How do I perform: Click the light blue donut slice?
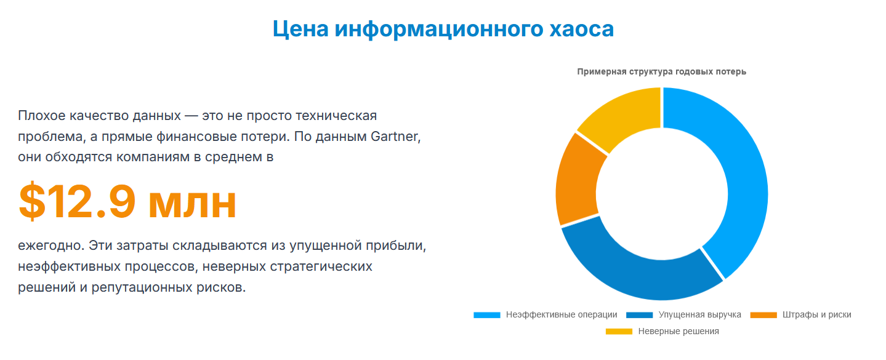[742, 178]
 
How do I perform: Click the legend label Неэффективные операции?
[561, 314]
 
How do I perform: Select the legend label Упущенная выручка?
[699, 314]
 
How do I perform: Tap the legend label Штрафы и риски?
[817, 314]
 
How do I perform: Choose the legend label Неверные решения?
[678, 331]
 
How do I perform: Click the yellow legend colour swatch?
[619, 332]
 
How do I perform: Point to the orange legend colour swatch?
[763, 315]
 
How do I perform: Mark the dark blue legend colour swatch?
[639, 315]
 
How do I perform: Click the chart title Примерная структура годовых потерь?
[661, 71]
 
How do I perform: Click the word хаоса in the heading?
[581, 29]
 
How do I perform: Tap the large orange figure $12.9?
[77, 202]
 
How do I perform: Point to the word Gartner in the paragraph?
[395, 136]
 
